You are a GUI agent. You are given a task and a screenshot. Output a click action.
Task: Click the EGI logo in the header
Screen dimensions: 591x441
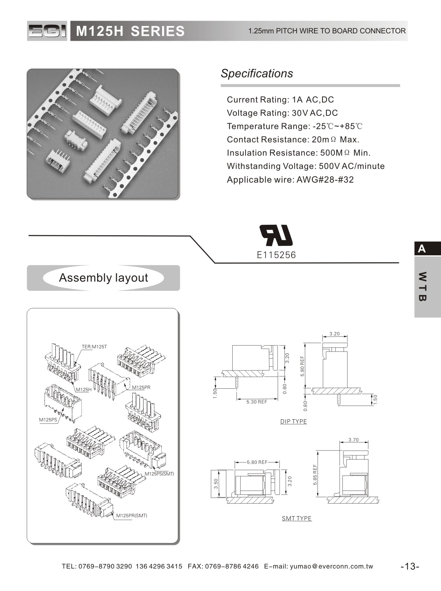47,31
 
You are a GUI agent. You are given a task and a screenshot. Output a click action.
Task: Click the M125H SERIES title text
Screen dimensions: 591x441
130,31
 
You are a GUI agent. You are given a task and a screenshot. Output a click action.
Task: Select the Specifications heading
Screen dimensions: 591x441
257,73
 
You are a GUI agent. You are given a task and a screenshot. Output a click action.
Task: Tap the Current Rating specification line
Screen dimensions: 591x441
280,100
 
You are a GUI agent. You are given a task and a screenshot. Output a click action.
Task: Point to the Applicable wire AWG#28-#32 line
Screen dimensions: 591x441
290,180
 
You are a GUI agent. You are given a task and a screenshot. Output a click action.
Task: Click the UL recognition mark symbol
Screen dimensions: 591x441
276,235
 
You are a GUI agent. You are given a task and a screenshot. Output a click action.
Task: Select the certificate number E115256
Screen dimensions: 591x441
276,255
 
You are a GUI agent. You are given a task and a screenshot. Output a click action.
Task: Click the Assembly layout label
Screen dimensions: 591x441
103,278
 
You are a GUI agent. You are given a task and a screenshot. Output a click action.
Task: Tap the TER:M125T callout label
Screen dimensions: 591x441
94,347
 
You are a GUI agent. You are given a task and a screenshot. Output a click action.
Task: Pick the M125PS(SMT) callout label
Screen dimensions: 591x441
159,474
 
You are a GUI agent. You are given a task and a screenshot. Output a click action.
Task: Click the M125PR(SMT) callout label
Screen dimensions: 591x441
132,516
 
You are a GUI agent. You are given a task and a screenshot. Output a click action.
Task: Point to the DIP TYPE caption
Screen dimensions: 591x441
293,421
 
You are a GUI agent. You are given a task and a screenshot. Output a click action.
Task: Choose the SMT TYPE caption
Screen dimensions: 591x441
296,518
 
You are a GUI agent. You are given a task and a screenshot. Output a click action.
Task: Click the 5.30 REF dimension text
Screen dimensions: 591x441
256,402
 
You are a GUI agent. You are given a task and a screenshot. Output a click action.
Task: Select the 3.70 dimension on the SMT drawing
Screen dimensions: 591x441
354,440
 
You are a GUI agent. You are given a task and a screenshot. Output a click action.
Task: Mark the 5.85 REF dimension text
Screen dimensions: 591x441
315,475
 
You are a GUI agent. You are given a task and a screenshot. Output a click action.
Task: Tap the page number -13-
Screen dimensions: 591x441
410,566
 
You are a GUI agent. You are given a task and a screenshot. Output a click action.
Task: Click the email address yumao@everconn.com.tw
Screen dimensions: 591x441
332,566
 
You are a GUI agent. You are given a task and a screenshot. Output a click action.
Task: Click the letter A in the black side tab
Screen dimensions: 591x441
422,249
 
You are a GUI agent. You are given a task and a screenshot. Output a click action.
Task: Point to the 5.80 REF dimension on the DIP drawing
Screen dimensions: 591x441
302,366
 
